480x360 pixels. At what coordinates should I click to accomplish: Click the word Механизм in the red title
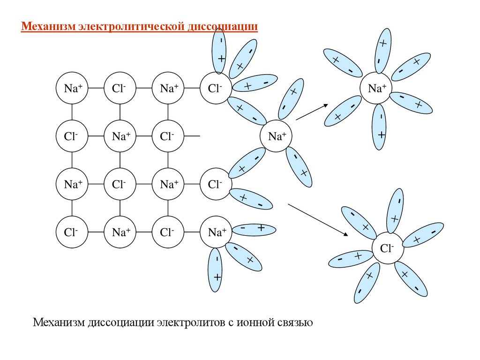point(45,26)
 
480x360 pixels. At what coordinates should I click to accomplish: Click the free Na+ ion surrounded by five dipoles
point(377,88)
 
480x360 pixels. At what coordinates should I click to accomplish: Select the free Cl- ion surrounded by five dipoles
point(387,248)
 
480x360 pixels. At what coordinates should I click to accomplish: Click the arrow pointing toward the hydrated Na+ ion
point(312,112)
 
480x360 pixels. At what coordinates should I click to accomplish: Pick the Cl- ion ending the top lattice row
point(216,88)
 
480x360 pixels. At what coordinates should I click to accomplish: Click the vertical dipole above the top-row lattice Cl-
point(219,52)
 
